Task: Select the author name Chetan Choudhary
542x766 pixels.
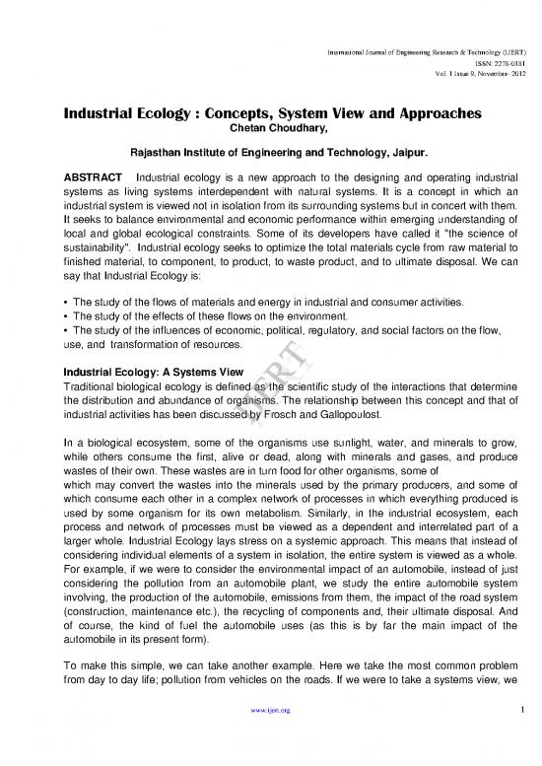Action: (271, 128)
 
